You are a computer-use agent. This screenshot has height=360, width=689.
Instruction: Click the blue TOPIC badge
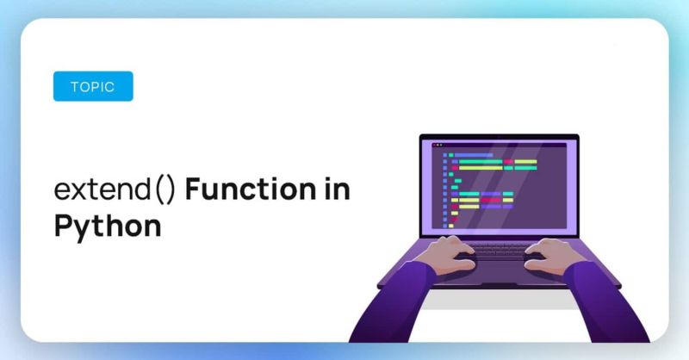(x=93, y=86)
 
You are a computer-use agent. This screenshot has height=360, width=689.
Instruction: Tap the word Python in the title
(x=107, y=226)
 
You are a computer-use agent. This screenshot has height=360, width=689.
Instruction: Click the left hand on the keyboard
(x=449, y=251)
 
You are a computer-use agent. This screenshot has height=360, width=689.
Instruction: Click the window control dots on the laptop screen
(x=437, y=146)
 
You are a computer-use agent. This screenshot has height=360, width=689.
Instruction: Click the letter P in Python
(x=62, y=226)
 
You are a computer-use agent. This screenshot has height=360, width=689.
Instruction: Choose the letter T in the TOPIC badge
(x=72, y=86)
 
